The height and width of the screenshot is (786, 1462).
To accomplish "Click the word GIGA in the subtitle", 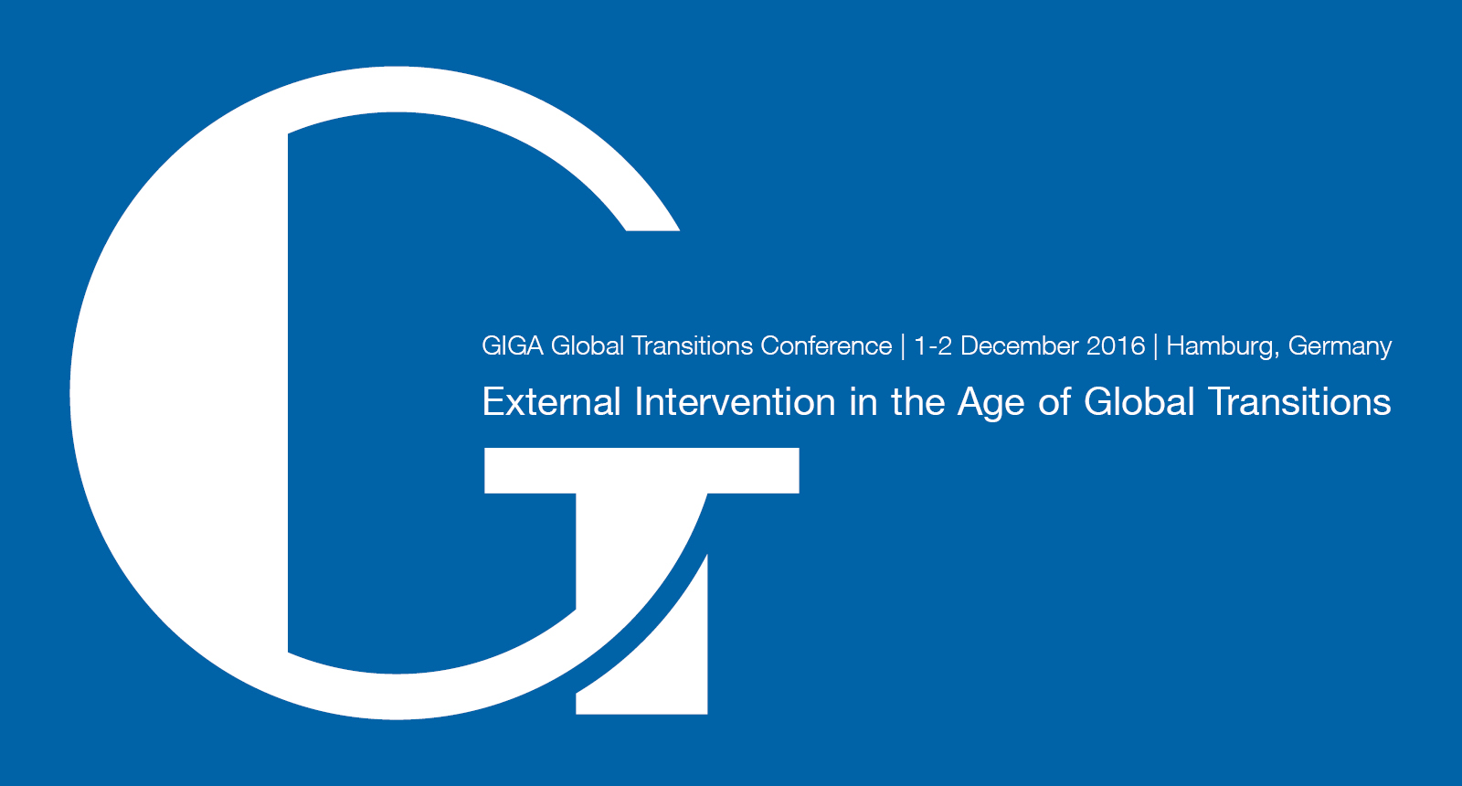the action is [513, 345].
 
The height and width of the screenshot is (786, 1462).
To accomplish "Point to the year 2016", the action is [1116, 345].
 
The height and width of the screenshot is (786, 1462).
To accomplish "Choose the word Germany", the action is [1340, 346].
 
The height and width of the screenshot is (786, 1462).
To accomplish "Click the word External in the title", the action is [552, 401].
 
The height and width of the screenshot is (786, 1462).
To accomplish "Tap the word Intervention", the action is [735, 401].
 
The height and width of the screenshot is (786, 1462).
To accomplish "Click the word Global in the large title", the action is [1139, 401].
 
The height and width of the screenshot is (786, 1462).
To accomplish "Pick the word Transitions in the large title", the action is [1299, 401].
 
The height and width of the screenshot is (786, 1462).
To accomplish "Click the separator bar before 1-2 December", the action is [904, 346].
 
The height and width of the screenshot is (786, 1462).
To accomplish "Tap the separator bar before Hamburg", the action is [1156, 346].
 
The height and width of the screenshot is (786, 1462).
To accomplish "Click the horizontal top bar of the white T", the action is [641, 471].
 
